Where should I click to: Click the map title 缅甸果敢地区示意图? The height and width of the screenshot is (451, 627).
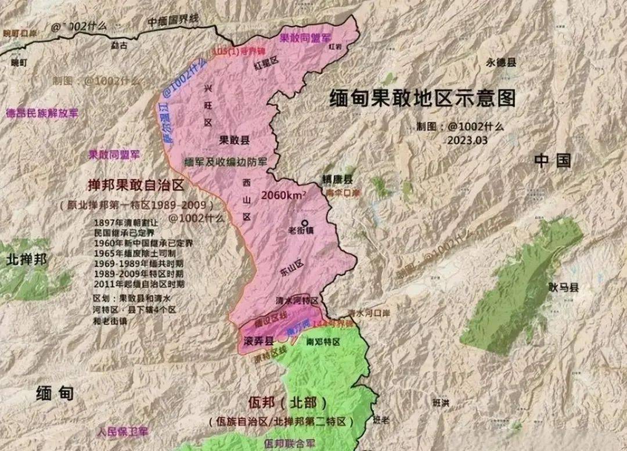pyautogui.click(x=422, y=98)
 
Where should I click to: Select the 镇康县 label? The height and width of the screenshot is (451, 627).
pyautogui.click(x=337, y=179)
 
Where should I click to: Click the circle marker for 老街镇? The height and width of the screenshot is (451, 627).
pyautogui.click(x=304, y=222)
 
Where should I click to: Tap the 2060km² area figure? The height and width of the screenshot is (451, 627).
pyautogui.click(x=283, y=195)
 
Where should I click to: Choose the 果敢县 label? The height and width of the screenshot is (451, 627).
pyautogui.click(x=234, y=140)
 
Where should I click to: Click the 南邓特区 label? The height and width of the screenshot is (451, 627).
pyautogui.click(x=323, y=342)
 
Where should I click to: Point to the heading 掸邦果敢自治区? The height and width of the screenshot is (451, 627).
pyautogui.click(x=135, y=186)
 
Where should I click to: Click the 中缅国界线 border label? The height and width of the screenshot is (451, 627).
pyautogui.click(x=173, y=20)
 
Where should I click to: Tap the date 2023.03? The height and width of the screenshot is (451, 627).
pyautogui.click(x=467, y=140)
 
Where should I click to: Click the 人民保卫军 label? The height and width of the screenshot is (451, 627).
pyautogui.click(x=123, y=432)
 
